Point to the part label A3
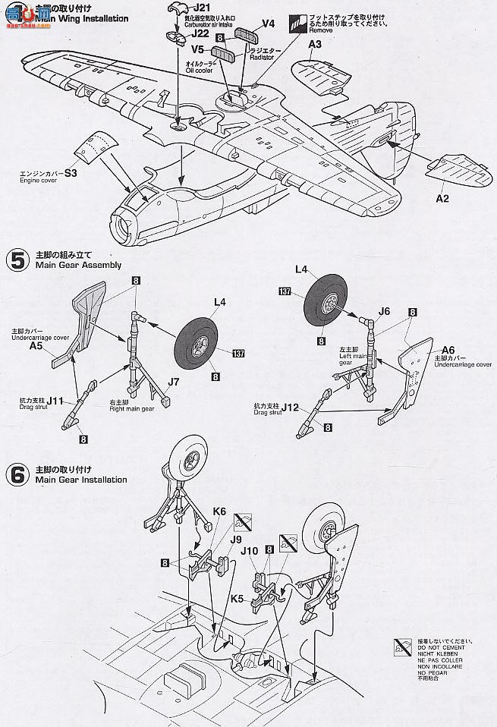coord(316,46)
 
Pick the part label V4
coord(268,24)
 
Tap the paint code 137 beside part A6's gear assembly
coord(285,291)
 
